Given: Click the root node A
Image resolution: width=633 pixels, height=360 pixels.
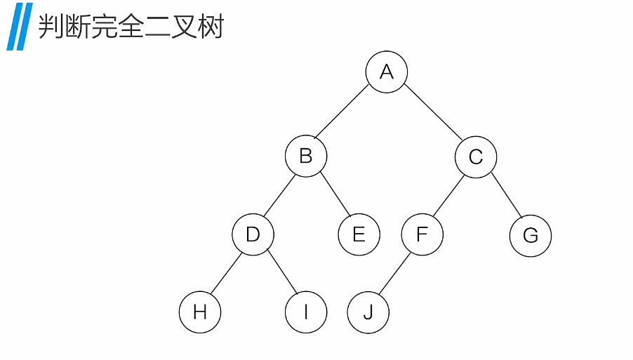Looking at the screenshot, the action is (386, 72).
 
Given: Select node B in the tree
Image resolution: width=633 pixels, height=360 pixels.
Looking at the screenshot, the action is (306, 156).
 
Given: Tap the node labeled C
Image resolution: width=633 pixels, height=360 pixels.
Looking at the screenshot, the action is (475, 156).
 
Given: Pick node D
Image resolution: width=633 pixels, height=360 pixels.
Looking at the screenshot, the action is (253, 234).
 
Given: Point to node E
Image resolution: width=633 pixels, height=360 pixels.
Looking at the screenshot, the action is (359, 234).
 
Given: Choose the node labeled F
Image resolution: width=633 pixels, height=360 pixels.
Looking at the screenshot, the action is (422, 234).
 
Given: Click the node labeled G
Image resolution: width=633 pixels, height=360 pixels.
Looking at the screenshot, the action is (530, 236).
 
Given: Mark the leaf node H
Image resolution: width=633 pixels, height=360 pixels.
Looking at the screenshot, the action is (200, 312).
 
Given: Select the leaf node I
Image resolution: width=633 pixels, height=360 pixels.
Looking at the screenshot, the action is (306, 312).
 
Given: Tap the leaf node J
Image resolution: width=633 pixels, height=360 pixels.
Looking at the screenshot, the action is (368, 312).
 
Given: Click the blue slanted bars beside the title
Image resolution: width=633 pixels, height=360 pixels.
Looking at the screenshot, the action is (19, 27).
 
